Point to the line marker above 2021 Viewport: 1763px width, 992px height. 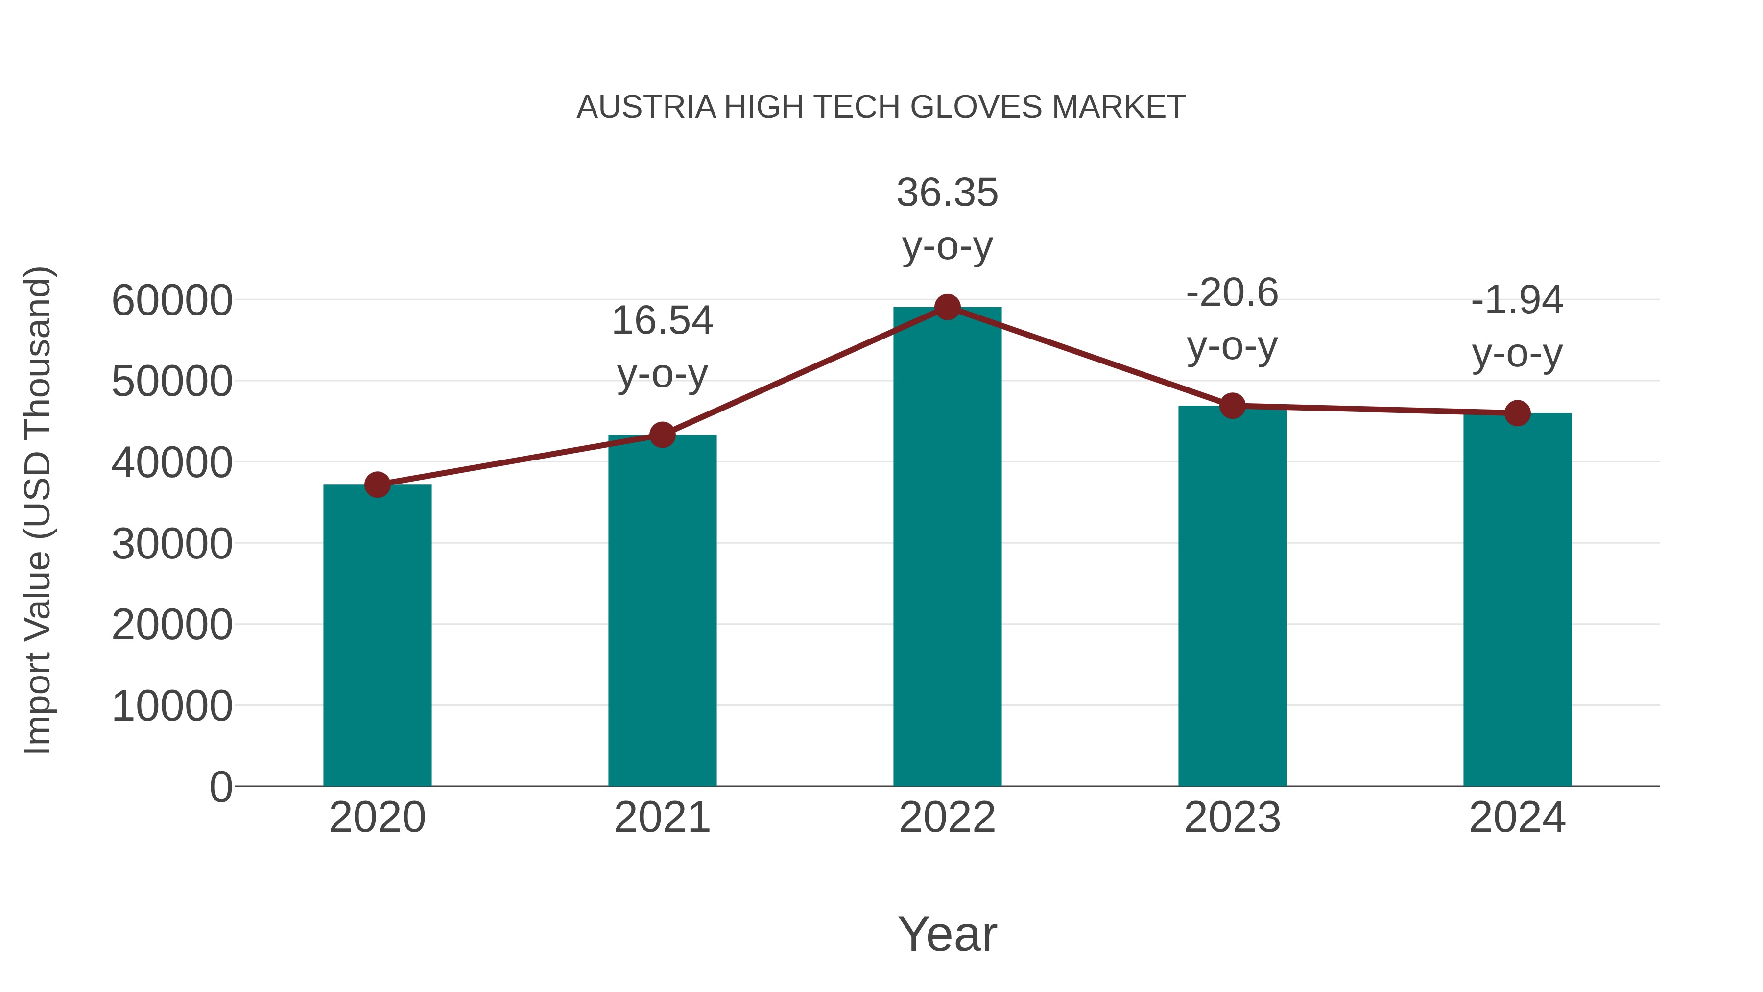point(662,435)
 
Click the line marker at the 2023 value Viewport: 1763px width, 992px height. point(1232,406)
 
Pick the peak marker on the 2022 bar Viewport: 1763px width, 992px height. point(947,307)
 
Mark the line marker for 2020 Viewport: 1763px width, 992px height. point(377,484)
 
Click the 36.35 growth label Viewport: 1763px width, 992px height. point(947,193)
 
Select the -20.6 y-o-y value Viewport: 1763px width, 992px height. point(1232,293)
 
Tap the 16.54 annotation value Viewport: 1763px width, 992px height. point(662,320)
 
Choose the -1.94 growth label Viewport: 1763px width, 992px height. point(1517,300)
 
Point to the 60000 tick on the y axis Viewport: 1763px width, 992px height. point(172,301)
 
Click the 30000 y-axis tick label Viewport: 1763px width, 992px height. point(172,544)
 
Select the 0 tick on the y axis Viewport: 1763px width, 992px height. point(221,787)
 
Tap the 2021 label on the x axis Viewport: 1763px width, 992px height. point(662,818)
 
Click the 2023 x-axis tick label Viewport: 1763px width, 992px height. point(1232,818)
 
